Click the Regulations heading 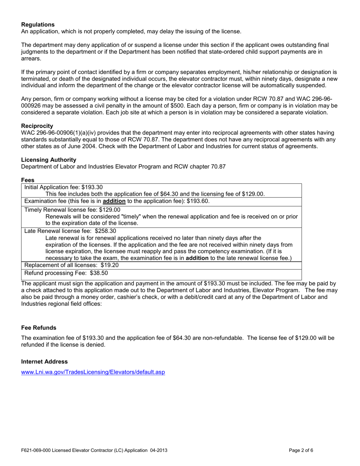coord(38,25)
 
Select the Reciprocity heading coord(37,126)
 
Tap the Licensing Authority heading coord(49,160)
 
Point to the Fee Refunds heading coord(39,328)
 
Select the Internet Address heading coord(44,362)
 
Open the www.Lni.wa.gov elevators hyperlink coord(93,372)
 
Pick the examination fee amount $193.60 coord(198,201)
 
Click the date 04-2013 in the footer coord(158,450)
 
